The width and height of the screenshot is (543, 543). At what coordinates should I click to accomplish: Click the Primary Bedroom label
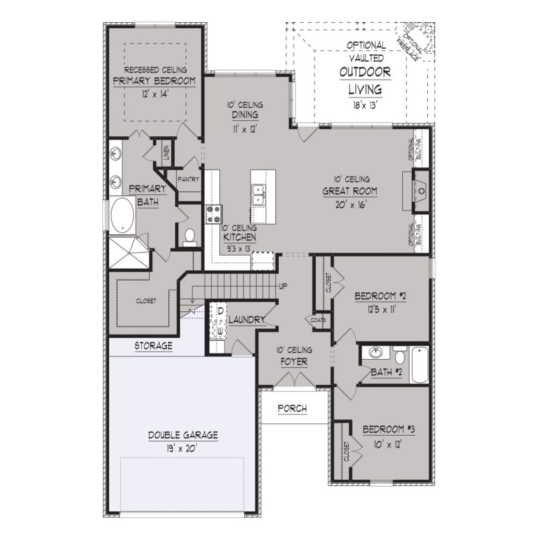pos(154,81)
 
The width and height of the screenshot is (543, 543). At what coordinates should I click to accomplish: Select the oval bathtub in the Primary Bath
pos(122,215)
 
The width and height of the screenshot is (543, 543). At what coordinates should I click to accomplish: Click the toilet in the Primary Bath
pos(190,237)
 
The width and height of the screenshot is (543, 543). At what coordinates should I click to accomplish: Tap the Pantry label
pos(188,179)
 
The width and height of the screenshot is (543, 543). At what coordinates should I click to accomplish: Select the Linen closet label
pos(166,153)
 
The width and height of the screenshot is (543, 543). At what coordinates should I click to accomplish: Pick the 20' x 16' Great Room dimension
pos(349,204)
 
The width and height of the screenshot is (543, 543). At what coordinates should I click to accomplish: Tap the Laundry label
pos(247,320)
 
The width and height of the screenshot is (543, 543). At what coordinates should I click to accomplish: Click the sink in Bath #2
pos(375,352)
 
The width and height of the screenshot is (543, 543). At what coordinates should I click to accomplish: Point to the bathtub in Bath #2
pos(419,365)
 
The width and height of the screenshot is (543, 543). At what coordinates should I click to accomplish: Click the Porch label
pos(292,409)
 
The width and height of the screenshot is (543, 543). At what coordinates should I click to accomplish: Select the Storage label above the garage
pos(154,346)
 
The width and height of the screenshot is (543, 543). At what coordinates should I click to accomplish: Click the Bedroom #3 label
pos(389,429)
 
